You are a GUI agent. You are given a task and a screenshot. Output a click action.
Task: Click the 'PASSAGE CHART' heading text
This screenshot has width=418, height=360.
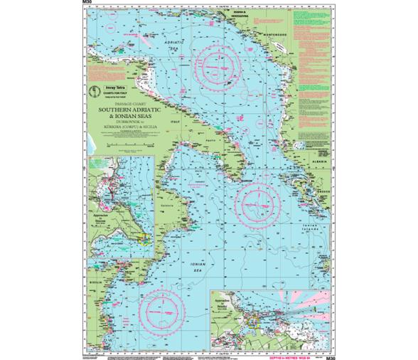(128, 103)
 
